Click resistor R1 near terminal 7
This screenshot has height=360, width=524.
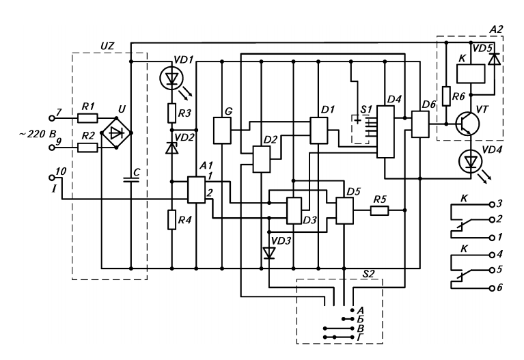point(88,118)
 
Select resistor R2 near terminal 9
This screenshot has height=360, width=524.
point(88,148)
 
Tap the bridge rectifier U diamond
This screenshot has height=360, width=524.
point(116,133)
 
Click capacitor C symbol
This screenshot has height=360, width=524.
point(131,180)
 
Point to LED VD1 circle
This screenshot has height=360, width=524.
point(171,79)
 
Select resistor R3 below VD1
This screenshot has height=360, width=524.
point(171,113)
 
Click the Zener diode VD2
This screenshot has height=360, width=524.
point(171,148)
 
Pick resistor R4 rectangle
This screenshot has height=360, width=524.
point(171,219)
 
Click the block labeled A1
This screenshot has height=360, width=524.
point(196,190)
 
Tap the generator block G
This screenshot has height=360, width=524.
point(222,130)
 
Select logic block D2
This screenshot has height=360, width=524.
point(262,159)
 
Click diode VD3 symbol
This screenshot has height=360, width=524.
point(268,253)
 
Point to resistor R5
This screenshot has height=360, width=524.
point(380,210)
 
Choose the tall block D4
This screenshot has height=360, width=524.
point(385,132)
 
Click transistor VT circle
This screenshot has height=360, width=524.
point(468,124)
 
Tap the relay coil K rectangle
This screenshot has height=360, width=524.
point(471,74)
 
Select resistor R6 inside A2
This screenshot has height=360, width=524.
point(447,96)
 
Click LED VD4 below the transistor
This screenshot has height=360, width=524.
point(471,162)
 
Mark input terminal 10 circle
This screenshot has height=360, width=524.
point(52,177)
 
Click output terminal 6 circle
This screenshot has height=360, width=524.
point(492,288)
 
